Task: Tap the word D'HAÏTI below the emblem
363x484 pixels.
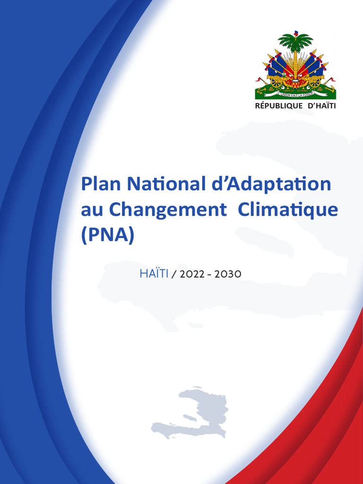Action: (x=321, y=106)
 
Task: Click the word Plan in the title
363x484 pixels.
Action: (x=98, y=184)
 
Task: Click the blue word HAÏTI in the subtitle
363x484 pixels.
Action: (x=154, y=274)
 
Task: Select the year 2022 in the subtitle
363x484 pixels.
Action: (x=191, y=275)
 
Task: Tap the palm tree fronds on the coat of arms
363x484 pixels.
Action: (x=295, y=42)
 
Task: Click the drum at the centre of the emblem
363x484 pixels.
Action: (x=295, y=83)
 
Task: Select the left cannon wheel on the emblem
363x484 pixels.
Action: (x=277, y=81)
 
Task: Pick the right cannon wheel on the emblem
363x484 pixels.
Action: (x=314, y=81)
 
